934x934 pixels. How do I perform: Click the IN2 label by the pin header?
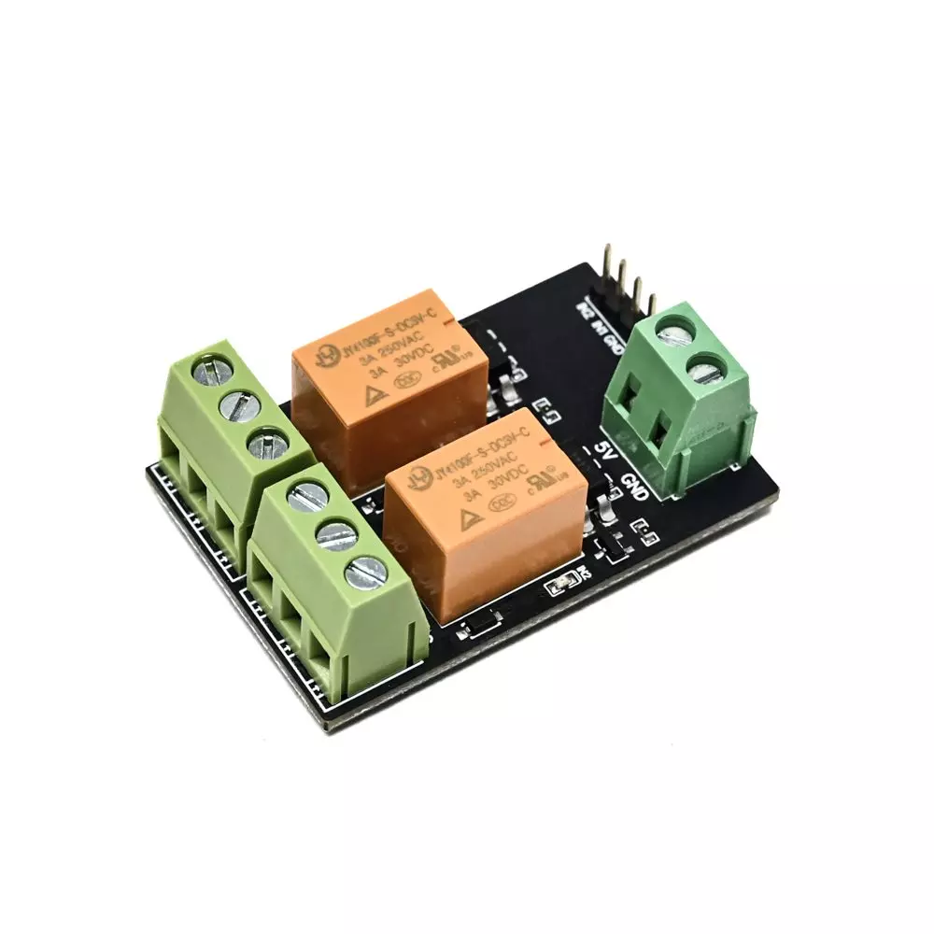tap(584, 310)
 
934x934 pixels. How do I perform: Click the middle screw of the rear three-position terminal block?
tap(237, 405)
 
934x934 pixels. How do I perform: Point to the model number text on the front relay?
tap(476, 450)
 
